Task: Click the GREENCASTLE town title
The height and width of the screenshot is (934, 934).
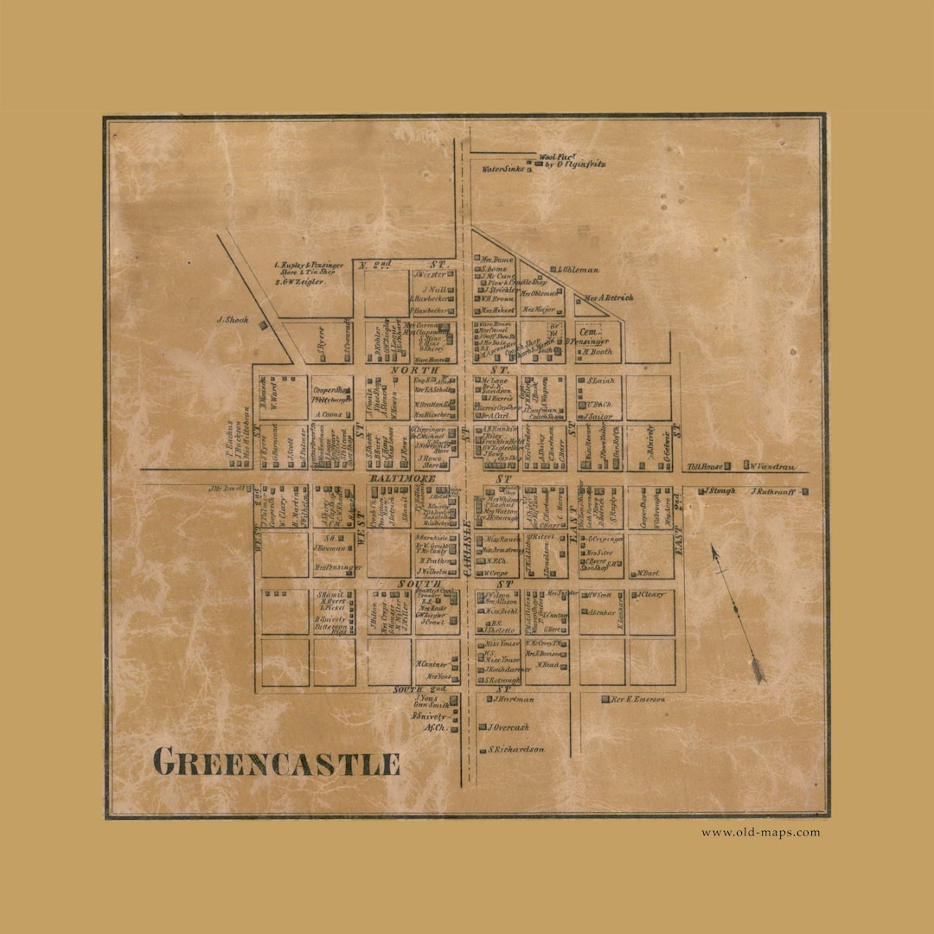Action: [276, 764]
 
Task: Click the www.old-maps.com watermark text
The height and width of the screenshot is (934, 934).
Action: [760, 833]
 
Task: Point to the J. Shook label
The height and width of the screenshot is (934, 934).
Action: [232, 320]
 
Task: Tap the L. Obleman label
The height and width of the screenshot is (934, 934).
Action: [579, 270]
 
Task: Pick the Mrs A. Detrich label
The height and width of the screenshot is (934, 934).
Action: [609, 297]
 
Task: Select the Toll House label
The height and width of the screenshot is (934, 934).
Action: [704, 467]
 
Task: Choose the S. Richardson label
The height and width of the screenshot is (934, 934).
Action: [516, 750]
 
